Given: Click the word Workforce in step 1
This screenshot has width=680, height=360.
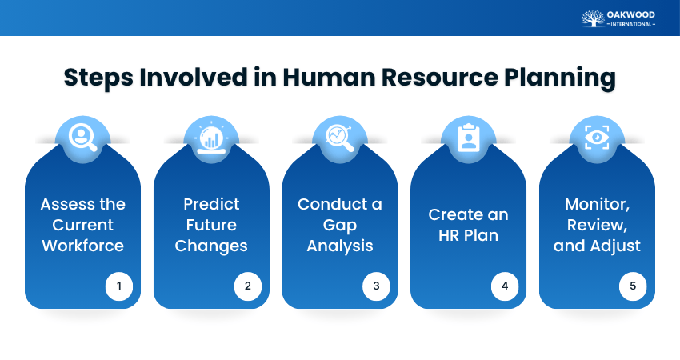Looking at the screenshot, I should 82,246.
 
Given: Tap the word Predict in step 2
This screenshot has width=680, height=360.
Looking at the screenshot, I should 211,204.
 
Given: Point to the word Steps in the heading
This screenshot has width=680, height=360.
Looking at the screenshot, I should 97,78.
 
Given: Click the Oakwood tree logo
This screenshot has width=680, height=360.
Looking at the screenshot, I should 594,18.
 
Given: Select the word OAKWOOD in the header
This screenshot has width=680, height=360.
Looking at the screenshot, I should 632,14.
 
